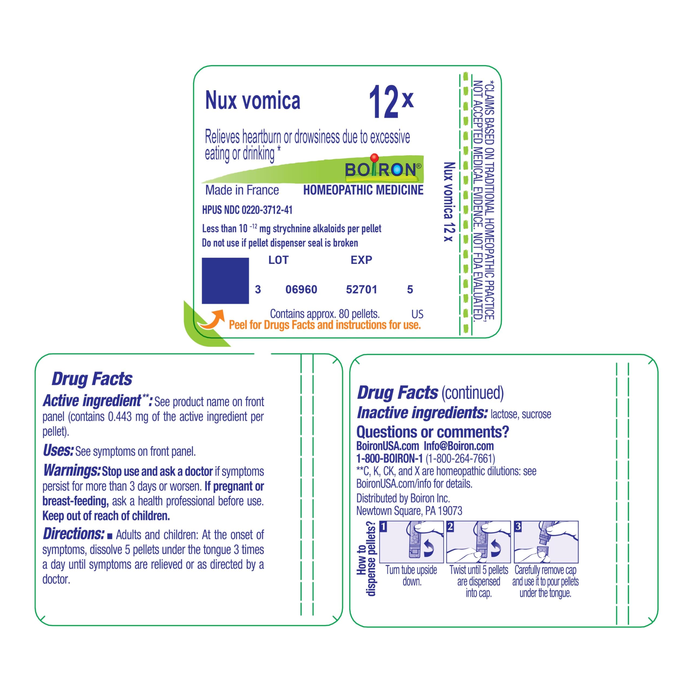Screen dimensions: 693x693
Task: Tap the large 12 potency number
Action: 383,102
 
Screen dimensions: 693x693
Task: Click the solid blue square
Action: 225,280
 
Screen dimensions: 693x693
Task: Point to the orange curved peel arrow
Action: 212,319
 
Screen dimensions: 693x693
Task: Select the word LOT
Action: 278,260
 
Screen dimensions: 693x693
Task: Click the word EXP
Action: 361,260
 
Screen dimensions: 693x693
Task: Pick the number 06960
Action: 301,289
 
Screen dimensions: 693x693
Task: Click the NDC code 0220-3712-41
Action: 267,210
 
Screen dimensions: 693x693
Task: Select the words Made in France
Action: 242,190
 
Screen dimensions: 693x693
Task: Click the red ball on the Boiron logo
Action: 374,157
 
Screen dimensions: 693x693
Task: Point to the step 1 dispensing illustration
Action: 411,542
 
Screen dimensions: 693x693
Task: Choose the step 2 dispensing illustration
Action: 479,542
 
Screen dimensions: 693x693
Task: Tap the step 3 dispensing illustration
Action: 546,542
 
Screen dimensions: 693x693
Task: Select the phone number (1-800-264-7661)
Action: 460,458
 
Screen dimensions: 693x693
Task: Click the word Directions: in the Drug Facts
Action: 74,534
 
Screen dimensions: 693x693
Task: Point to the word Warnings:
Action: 72,470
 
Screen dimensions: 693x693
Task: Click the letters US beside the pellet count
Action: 417,314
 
